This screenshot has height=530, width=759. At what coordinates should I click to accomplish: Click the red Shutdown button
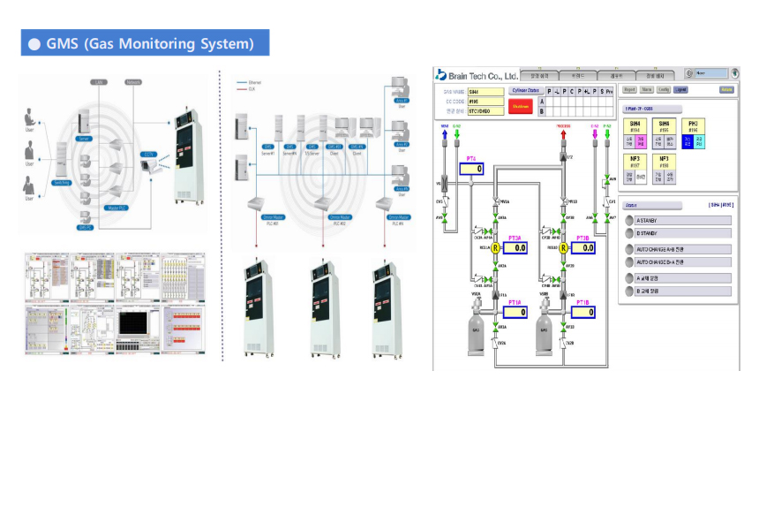click(521, 106)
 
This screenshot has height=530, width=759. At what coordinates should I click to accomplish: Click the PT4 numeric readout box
click(474, 169)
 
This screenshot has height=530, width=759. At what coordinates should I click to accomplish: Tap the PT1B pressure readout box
click(579, 312)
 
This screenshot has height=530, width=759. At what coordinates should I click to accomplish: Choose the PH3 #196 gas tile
click(694, 132)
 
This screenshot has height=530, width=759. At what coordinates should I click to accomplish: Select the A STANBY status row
click(675, 220)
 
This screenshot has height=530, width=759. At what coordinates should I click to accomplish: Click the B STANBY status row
click(675, 233)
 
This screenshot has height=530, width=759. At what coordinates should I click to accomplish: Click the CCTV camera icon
click(149, 165)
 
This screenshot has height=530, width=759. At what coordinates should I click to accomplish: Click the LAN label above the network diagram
click(100, 82)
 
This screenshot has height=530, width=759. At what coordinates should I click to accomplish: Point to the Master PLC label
click(116, 207)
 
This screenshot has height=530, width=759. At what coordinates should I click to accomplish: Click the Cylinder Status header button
click(527, 90)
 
